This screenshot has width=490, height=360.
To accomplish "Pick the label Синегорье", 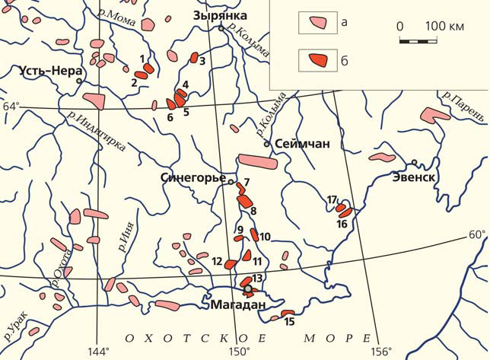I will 193,177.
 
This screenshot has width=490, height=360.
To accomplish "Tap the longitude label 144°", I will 98,351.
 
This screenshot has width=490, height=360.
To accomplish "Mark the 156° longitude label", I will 380,351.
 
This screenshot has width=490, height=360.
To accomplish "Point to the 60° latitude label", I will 476,234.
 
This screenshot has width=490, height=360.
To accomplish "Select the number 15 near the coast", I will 289,322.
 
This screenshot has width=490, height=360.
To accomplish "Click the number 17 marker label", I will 332,200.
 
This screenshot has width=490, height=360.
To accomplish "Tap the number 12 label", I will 218,262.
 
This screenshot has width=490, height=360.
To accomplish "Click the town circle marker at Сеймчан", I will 267,143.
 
